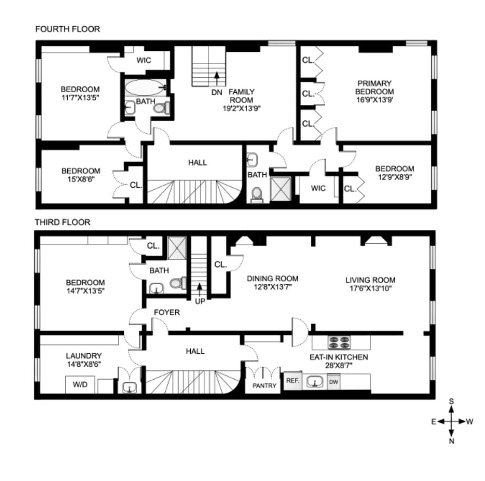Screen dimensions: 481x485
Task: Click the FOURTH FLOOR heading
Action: (67, 29)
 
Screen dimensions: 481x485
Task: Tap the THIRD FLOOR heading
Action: (63, 222)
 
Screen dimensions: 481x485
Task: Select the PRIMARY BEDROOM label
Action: (374, 87)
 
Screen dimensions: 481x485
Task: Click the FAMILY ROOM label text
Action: (241, 96)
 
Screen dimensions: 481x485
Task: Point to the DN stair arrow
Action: (217, 78)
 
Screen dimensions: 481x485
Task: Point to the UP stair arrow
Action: (200, 288)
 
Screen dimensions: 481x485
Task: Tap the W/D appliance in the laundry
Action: (80, 384)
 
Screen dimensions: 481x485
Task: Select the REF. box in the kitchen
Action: (293, 381)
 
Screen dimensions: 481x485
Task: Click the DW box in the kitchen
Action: (333, 382)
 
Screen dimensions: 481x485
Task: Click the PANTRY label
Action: (264, 386)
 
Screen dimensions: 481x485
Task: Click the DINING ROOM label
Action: (272, 279)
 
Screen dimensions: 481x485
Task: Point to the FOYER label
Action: (167, 312)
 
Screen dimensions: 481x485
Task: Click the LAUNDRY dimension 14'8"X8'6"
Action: (84, 364)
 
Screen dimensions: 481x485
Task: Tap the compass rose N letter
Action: (451, 441)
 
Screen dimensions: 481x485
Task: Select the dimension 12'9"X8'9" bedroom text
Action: (394, 177)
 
